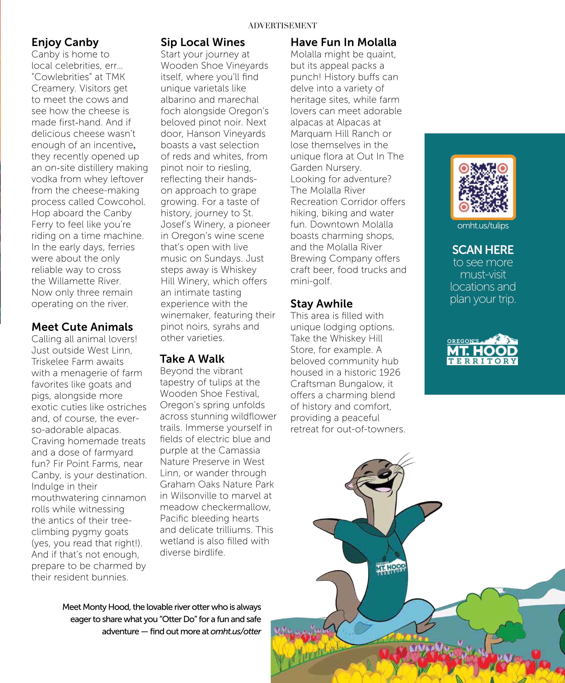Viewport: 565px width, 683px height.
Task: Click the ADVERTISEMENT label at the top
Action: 282,26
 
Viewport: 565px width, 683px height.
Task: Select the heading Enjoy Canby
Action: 65,42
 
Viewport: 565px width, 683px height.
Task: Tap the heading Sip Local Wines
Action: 203,42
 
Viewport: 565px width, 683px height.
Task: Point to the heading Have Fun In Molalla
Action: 343,42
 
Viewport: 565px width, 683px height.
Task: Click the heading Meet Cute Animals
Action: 82,327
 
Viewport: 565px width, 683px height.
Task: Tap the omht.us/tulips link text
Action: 483,226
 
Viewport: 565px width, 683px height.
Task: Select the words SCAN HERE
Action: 483,250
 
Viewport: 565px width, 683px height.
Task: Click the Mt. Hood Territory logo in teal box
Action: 482,350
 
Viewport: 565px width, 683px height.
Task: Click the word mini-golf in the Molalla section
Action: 311,281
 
